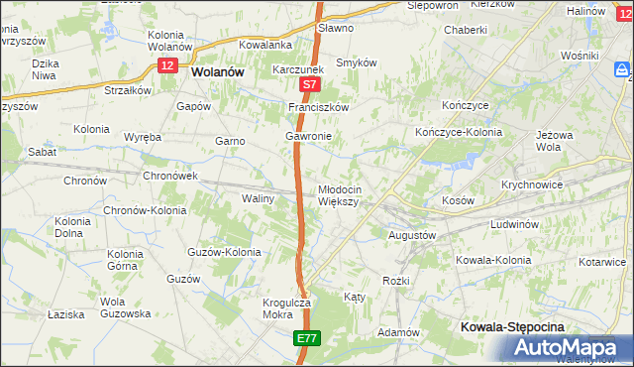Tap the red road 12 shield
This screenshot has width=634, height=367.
point(167,64)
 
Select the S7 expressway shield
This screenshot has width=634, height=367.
point(309,86)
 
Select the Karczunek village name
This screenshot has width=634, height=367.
point(298,70)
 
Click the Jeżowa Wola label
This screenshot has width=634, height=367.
point(555,139)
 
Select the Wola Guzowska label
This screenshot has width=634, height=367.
point(125,307)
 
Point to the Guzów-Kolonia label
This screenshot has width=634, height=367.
point(224,252)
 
